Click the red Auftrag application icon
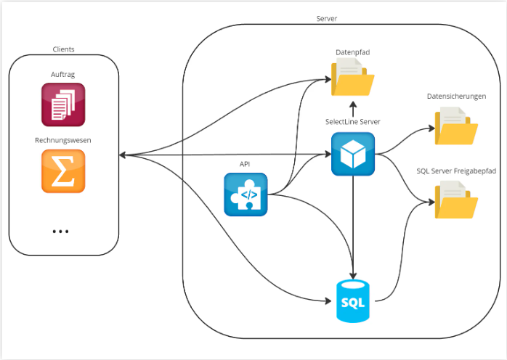[63, 105]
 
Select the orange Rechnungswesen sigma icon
[63, 171]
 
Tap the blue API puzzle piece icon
[246, 195]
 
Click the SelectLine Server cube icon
[353, 154]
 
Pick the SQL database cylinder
[353, 301]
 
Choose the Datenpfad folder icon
[353, 77]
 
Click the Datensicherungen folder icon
[456, 126]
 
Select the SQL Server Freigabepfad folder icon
[456, 200]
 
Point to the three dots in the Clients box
[60, 232]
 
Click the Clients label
[63, 49]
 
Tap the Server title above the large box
[327, 18]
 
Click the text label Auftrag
[62, 75]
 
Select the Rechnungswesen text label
[63, 140]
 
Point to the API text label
[245, 164]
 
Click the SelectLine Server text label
[353, 122]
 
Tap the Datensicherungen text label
[457, 97]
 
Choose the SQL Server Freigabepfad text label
[456, 171]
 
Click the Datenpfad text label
[353, 52]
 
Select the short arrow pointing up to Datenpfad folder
[353, 109]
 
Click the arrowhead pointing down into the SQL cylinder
[353, 275]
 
